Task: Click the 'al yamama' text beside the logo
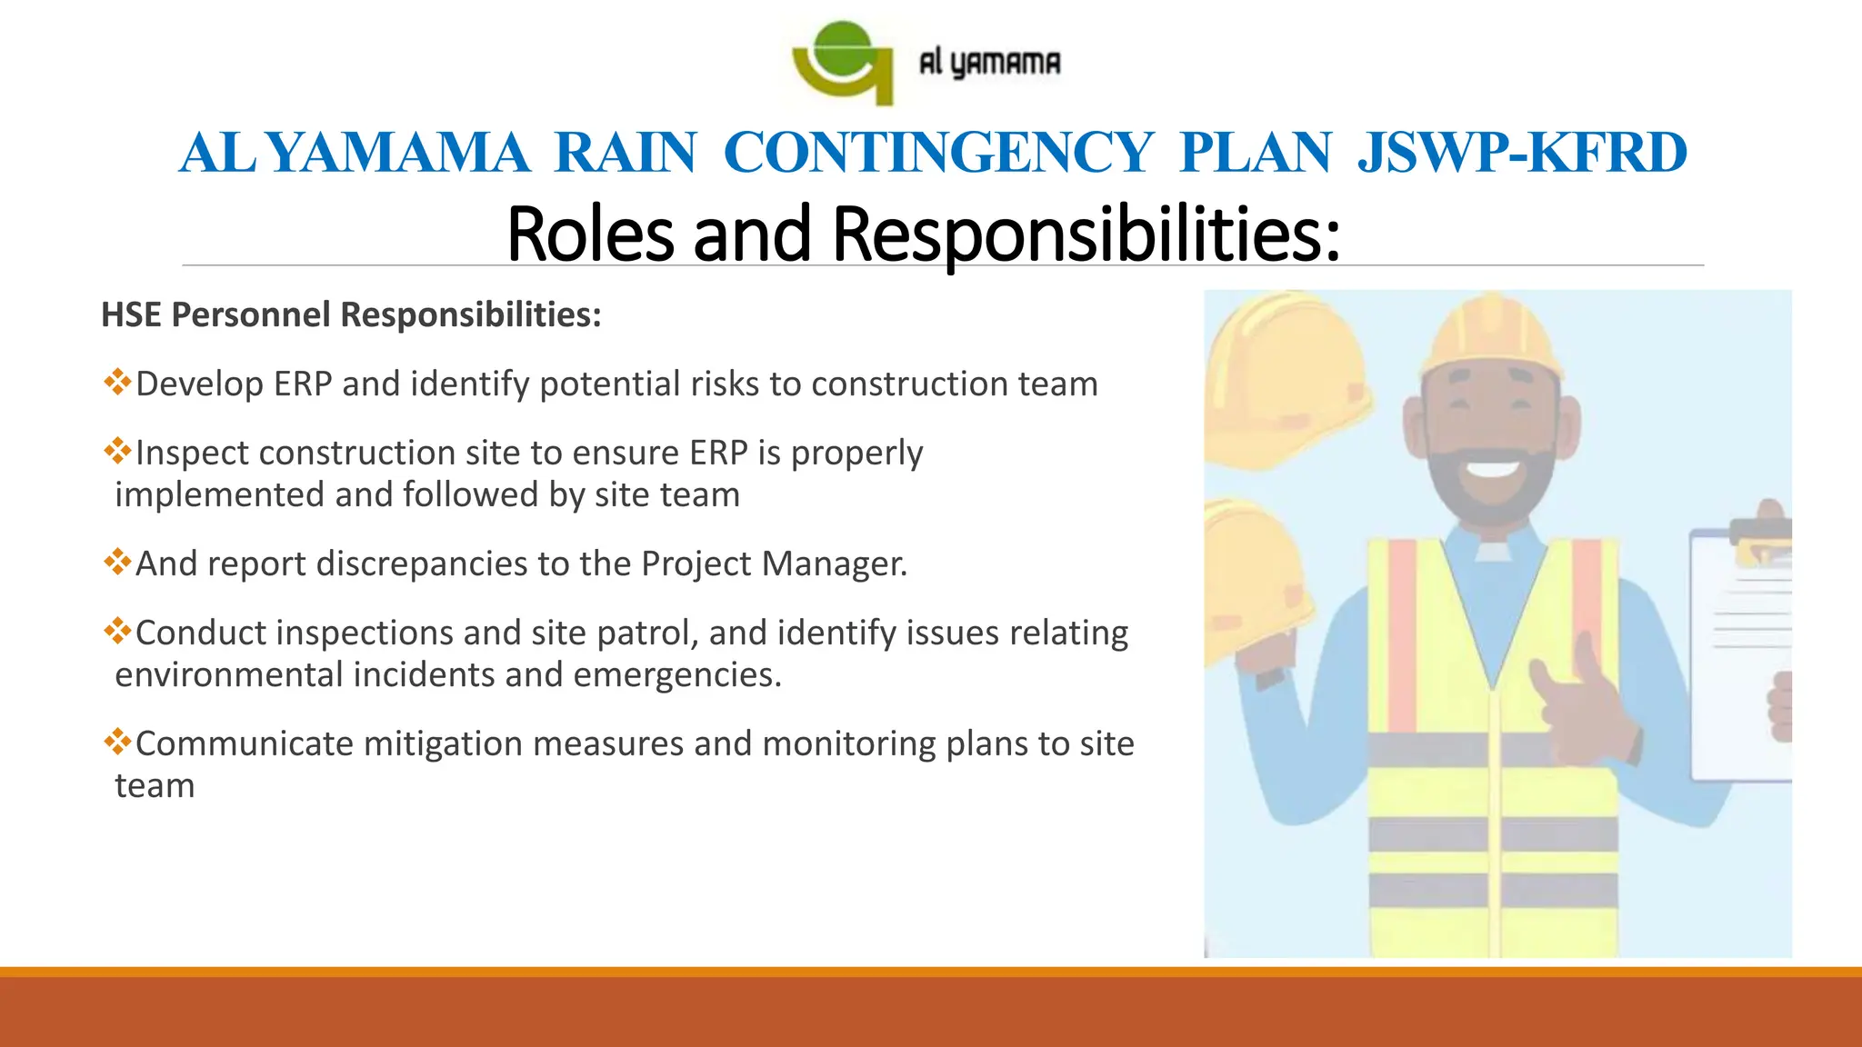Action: (x=989, y=63)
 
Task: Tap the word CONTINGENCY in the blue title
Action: (x=937, y=153)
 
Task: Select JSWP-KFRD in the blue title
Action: (x=1522, y=153)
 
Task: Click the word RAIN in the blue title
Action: (x=626, y=153)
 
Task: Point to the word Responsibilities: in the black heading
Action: (x=1086, y=234)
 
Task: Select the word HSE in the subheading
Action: (x=131, y=315)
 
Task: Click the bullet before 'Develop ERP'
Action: (x=117, y=382)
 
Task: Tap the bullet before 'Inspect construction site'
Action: (x=117, y=451)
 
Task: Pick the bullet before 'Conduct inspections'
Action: (x=117, y=631)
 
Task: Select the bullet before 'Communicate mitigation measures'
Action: (x=117, y=742)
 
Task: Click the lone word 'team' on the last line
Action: (x=155, y=786)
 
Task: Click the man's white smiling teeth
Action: (x=1494, y=469)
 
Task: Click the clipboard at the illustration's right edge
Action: (x=1741, y=654)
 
